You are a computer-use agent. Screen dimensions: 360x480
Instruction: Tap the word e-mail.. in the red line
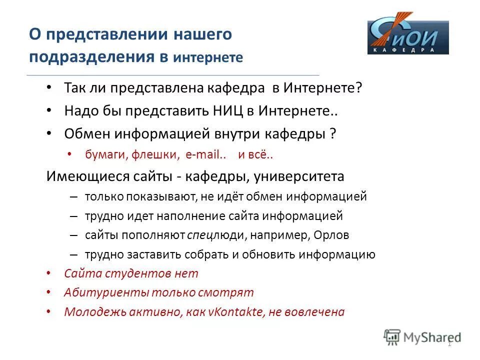click(x=206, y=155)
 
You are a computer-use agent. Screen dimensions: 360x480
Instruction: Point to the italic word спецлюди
click(x=208, y=235)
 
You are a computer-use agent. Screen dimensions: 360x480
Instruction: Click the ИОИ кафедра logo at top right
click(x=408, y=37)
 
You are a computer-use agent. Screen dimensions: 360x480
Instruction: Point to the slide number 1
click(x=449, y=344)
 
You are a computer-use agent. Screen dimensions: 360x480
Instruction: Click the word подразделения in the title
click(x=91, y=56)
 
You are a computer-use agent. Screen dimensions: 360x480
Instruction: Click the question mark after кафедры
click(x=332, y=133)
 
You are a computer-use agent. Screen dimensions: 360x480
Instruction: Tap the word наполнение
click(x=185, y=216)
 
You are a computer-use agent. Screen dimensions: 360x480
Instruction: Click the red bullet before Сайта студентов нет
click(x=48, y=273)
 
